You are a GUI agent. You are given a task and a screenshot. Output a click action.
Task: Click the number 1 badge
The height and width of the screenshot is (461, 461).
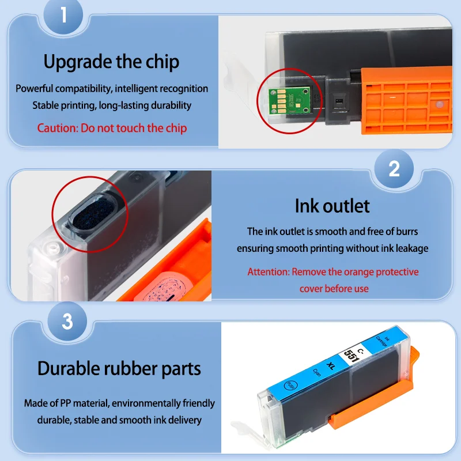pos(63,15)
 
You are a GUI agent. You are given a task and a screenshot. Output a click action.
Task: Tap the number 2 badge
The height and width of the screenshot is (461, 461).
pos(394,169)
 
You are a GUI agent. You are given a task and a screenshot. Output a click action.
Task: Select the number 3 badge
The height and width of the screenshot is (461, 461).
pos(67,322)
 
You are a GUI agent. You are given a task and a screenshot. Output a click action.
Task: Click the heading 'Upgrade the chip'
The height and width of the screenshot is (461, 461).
pos(111,62)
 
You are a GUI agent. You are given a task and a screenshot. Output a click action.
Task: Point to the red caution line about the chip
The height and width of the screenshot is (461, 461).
pos(112,128)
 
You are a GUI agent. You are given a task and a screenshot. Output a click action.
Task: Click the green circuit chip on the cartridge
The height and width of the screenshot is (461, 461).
pos(290,101)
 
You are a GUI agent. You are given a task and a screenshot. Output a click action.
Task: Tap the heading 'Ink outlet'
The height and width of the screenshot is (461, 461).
pos(332,206)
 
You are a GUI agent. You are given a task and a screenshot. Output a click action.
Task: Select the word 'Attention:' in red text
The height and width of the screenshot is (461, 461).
pos(269,272)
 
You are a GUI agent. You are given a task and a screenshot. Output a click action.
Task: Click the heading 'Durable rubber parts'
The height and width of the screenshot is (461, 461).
pos(119,368)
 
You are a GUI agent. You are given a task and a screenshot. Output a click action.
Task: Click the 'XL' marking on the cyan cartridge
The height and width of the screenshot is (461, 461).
pos(331,366)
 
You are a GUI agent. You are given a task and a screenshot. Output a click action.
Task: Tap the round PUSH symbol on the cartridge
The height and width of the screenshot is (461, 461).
pos(291,386)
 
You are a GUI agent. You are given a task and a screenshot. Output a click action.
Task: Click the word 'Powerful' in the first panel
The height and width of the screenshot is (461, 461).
pos(35,89)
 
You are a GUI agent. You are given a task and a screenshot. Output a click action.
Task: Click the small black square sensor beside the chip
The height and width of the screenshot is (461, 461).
pos(339,101)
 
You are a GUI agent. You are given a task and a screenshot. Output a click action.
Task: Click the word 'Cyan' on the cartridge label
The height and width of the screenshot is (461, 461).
pos(317,372)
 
